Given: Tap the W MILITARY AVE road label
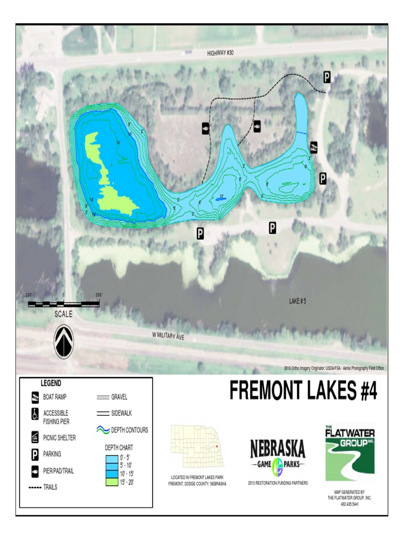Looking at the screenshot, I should (168, 335).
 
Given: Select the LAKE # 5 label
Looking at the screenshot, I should (297, 301).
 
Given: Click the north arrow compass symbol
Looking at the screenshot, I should (64, 342).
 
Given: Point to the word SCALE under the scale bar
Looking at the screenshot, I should (64, 314).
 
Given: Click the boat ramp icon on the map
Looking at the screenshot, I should (314, 147).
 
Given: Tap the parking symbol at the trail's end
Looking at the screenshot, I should (327, 77).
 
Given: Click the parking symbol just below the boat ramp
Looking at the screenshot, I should (322, 178).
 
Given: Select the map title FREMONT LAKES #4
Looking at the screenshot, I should (303, 391).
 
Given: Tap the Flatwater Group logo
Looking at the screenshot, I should (349, 454).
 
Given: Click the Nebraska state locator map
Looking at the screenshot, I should (197, 447).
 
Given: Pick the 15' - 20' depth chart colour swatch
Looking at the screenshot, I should (111, 482).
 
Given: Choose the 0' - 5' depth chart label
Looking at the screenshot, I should (125, 458).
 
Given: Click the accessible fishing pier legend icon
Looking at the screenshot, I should (35, 414).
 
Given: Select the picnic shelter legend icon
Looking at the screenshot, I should (35, 436).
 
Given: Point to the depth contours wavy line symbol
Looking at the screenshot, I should (103, 430).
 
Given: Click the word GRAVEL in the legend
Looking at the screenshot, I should (119, 397).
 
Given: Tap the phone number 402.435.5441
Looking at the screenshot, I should (349, 504).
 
